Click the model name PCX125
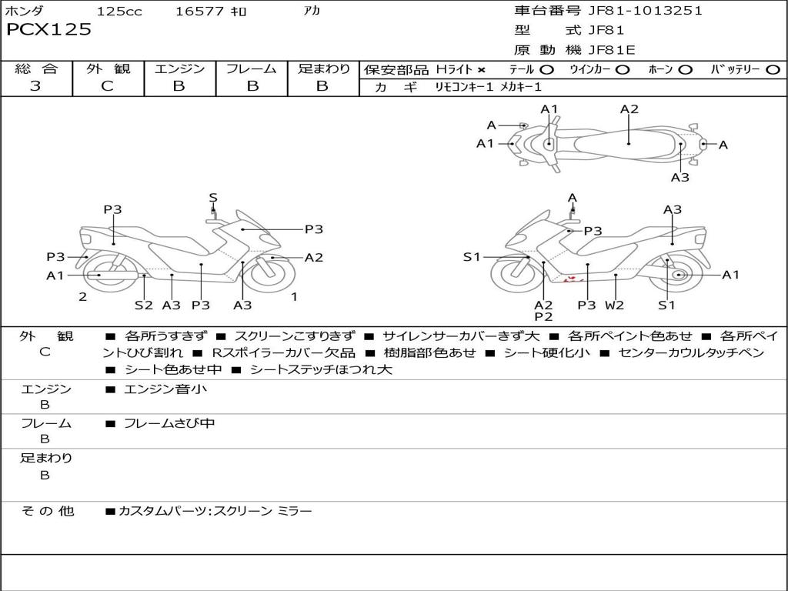pos(48,30)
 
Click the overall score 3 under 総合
pos(35,86)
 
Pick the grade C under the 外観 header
pos(108,86)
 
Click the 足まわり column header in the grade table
pos(324,68)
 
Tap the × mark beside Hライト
pos(481,70)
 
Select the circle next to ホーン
pos(686,70)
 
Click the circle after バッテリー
pos(773,70)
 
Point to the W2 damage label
pos(614,305)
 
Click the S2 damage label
pos(144,305)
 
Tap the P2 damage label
pos(544,316)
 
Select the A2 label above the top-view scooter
pos(629,109)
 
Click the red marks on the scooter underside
pos(571,279)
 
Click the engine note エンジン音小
pos(165,389)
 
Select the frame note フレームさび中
pos(169,423)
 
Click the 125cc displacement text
pos(119,12)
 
